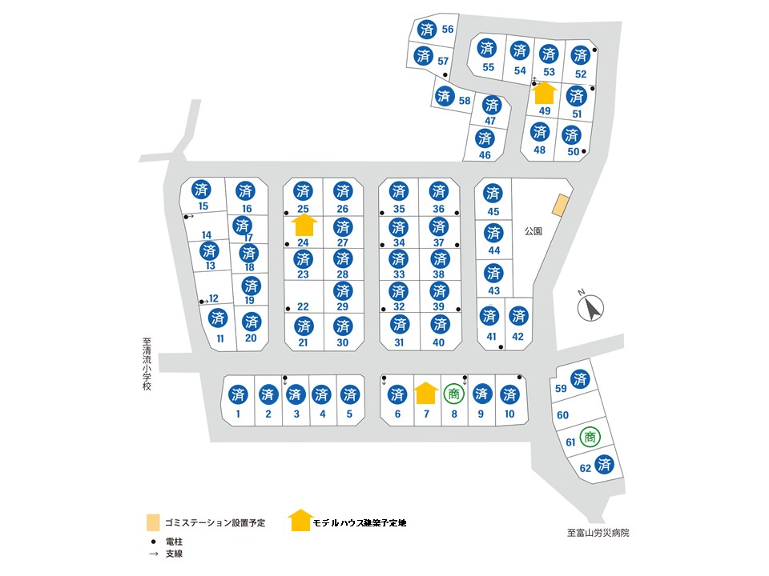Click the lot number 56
coord(447,30)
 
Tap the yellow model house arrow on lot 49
coord(544,93)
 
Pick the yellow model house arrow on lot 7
coord(425,393)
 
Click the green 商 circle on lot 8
coord(453,394)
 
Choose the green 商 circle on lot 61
coord(590,437)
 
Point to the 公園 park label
coord(533,231)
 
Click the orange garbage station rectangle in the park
coord(561,206)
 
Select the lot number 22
coord(303,306)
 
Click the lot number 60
coord(562,415)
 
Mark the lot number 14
coord(207,235)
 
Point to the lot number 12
coord(213,298)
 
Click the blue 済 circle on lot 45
coord(493,193)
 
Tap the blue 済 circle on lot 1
coord(238,394)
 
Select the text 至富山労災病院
coord(598,533)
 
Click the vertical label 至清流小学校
coord(147,364)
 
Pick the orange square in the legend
coord(154,522)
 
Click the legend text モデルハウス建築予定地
coord(360,523)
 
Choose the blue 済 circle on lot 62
coord(604,464)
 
